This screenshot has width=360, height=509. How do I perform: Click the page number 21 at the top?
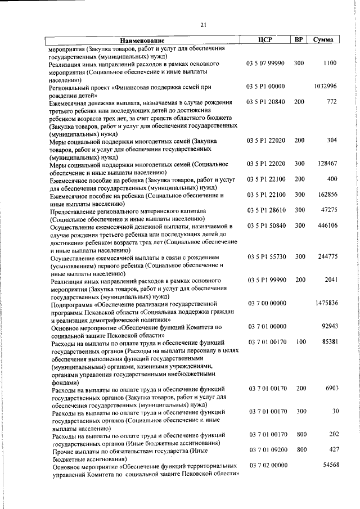tap(203, 24)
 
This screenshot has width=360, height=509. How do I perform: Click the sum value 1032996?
tap(326, 86)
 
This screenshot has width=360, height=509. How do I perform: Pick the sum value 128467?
tap(326, 164)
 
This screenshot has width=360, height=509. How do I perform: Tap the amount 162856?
tap(326, 195)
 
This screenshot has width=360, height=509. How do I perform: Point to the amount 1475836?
tap(326, 303)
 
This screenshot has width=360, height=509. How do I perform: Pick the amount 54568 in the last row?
tap(327, 466)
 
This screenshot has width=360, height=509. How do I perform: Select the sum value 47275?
tap(328, 210)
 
